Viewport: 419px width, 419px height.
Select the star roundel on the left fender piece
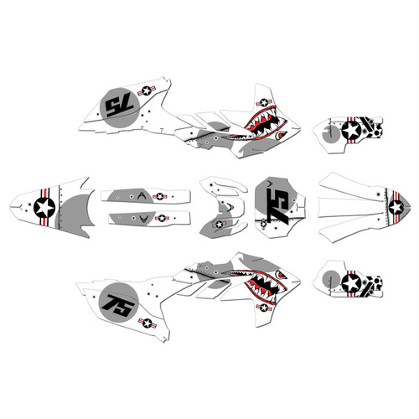coord(46,207)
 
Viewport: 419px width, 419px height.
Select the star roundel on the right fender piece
coord(396,206)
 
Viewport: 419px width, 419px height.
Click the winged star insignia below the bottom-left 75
coord(147,322)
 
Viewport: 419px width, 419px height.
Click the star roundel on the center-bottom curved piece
coord(219,224)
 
